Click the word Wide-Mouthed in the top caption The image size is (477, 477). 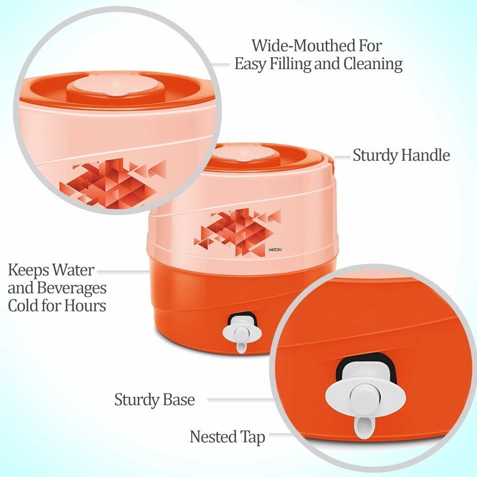tap(303, 46)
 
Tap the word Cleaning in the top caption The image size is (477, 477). tap(373, 64)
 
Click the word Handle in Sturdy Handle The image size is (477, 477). tap(425, 155)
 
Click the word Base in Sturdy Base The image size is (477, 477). tap(178, 399)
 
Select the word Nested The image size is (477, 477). tap(213, 436)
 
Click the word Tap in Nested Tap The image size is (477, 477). tap(252, 437)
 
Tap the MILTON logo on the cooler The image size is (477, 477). tap(275, 250)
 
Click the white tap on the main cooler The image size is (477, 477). tap(242, 332)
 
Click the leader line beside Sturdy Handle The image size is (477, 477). tap(342, 157)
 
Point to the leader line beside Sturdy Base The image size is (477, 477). tap(240, 399)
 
